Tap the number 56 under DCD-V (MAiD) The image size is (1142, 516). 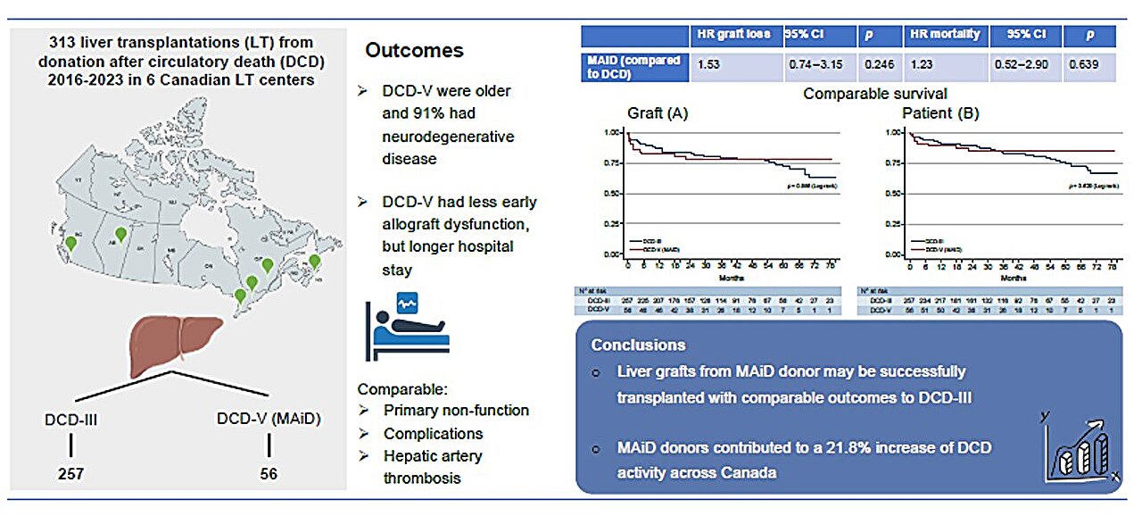coord(269,474)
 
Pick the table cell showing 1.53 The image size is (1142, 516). coord(710,66)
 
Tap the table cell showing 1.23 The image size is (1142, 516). coord(923,66)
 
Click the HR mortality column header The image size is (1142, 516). coord(946,35)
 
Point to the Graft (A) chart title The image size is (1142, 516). coord(658,113)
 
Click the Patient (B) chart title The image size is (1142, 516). coord(928,113)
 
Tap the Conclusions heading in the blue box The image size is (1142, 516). coord(638,345)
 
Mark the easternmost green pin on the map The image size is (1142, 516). coord(314,262)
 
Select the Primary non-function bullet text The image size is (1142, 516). coord(456,411)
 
